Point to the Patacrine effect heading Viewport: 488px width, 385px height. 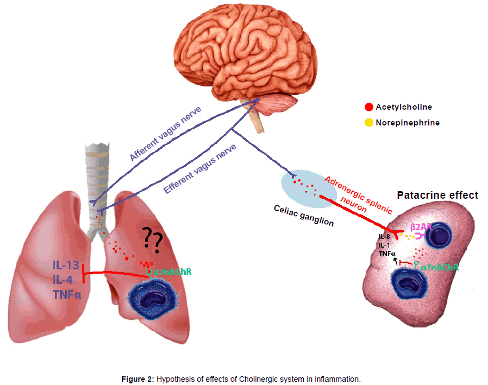click(x=437, y=195)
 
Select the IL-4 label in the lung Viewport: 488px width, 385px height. click(x=62, y=280)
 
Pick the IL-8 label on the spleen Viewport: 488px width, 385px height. click(x=385, y=237)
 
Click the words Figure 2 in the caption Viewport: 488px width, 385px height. click(x=137, y=377)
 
